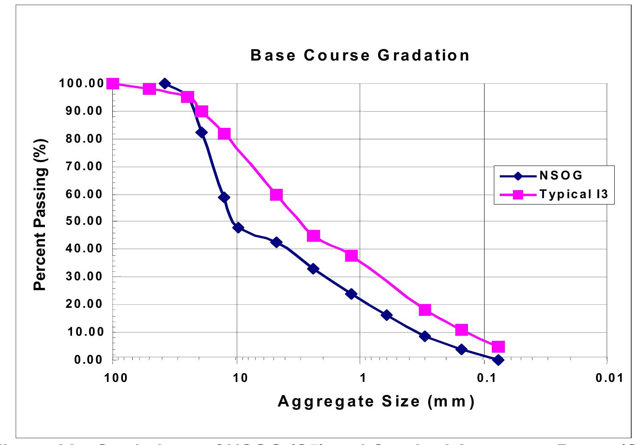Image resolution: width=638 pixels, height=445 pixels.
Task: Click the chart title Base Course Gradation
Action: click(360, 55)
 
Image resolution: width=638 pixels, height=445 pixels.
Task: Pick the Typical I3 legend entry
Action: click(574, 194)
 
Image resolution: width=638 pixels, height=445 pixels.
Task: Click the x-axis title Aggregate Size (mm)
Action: click(376, 401)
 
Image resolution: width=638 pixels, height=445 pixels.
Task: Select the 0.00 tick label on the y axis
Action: click(88, 359)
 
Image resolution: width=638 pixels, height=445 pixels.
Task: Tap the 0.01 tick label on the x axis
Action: click(609, 378)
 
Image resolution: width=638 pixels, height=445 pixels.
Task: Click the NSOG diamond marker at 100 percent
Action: click(165, 83)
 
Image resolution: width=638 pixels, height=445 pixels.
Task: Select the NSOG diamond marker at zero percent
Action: click(499, 360)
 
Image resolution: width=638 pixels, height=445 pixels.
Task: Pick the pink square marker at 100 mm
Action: click(113, 83)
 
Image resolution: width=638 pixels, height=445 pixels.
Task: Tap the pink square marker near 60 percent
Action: click(276, 195)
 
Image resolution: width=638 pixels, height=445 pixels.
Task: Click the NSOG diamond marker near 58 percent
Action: click(224, 197)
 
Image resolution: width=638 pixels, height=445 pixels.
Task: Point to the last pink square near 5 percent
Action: click(498, 347)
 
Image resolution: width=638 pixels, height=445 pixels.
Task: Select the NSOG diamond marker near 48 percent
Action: click(238, 228)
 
